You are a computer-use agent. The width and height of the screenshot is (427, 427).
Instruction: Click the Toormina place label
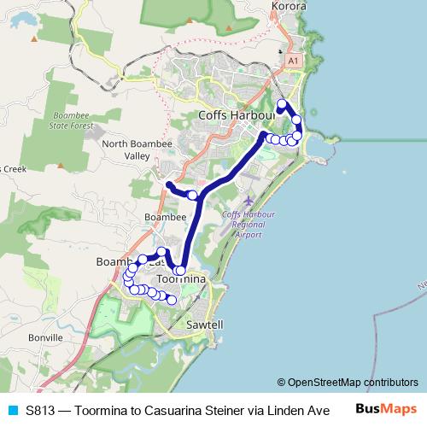tap(182, 279)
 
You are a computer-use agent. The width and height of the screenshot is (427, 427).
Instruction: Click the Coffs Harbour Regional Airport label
tap(241, 224)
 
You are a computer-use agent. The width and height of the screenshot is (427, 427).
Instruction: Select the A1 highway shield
tap(294, 61)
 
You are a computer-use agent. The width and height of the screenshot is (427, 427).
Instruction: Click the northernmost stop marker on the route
tap(282, 104)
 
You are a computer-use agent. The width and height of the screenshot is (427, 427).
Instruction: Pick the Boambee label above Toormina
tap(165, 218)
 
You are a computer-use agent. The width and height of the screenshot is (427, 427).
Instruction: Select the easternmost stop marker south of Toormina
tap(172, 300)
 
